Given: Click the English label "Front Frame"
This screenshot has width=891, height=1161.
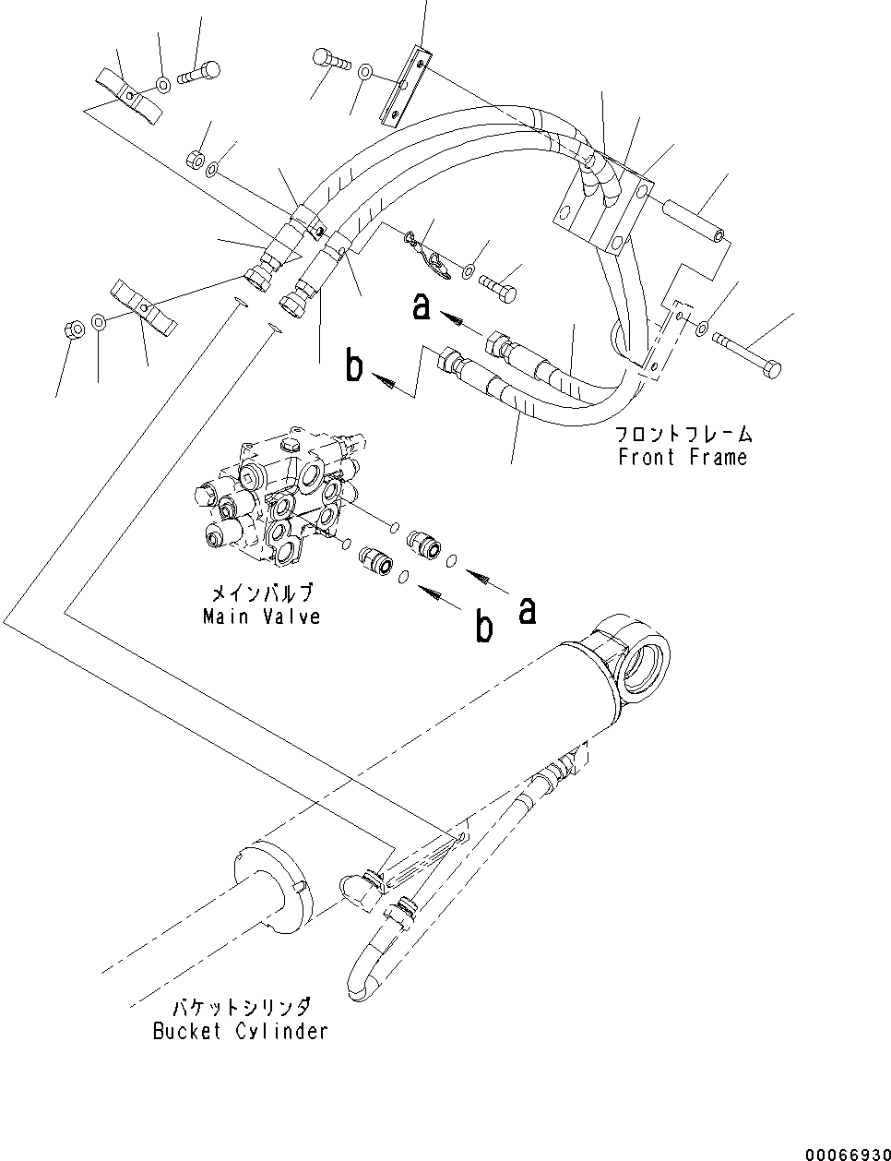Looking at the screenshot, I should tap(683, 457).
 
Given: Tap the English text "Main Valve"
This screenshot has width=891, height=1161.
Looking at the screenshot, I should tap(262, 616).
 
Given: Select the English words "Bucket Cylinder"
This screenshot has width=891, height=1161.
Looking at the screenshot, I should tap(240, 1031).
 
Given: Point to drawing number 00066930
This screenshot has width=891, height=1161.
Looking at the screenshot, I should tap(844, 1154).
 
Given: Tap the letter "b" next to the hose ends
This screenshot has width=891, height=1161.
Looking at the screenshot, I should tap(354, 366).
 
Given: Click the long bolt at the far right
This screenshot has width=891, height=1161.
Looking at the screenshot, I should tap(747, 357).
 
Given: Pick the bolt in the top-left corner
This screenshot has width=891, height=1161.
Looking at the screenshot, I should tap(199, 72).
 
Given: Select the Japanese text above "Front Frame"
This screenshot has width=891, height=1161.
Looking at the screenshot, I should tap(683, 433).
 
